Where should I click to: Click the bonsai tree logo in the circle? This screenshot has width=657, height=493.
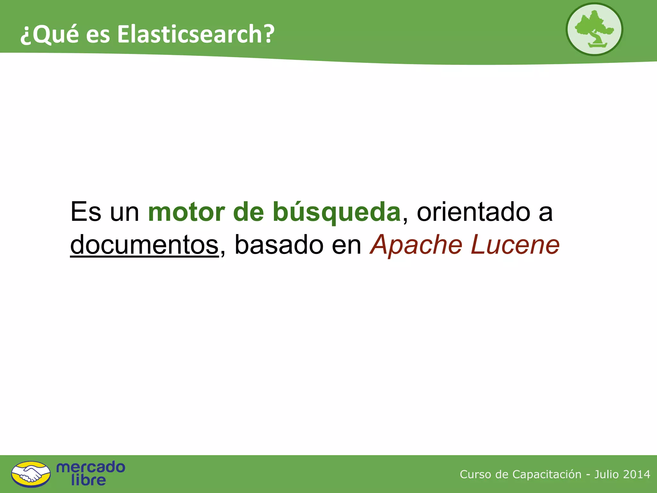(594, 29)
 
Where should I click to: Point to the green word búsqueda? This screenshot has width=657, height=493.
(337, 212)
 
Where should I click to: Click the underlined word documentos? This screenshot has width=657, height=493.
(144, 245)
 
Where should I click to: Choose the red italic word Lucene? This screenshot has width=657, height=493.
(515, 245)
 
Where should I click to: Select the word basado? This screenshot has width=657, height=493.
(279, 245)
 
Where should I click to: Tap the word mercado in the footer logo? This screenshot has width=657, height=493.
(91, 467)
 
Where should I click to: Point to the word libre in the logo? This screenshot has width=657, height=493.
(89, 480)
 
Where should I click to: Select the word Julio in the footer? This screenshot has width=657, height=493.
(606, 474)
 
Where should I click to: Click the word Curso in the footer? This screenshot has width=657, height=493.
(475, 474)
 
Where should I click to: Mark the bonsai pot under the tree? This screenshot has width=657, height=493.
(597, 45)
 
